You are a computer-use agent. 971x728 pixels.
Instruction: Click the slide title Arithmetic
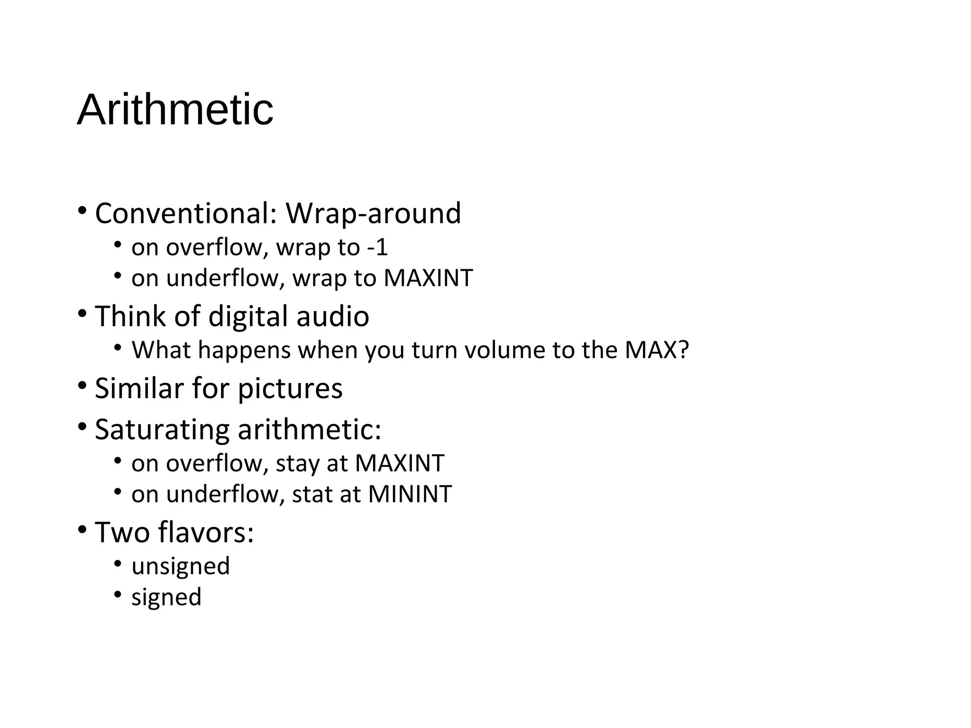(x=175, y=110)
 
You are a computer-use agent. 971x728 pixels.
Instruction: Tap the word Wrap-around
(x=373, y=213)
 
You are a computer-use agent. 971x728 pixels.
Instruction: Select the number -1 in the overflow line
(x=377, y=247)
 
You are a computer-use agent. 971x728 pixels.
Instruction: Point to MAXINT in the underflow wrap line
(x=428, y=278)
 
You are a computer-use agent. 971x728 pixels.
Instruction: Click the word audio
(x=332, y=316)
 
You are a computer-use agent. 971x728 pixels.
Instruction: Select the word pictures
(x=290, y=389)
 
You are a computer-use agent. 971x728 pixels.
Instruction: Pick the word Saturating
(x=162, y=430)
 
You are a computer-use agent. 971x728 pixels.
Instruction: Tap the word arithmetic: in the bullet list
(x=309, y=429)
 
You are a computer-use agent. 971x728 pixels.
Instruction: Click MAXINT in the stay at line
(x=400, y=463)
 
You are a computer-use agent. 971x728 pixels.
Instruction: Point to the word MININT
(x=410, y=494)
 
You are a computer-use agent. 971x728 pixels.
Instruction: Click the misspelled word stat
(x=307, y=494)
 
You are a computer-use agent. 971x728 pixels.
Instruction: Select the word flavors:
(x=206, y=532)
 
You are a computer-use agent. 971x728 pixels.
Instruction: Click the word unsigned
(x=181, y=566)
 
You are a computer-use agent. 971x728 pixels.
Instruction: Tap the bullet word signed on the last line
(x=166, y=597)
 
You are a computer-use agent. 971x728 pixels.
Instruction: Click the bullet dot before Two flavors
(x=82, y=528)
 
